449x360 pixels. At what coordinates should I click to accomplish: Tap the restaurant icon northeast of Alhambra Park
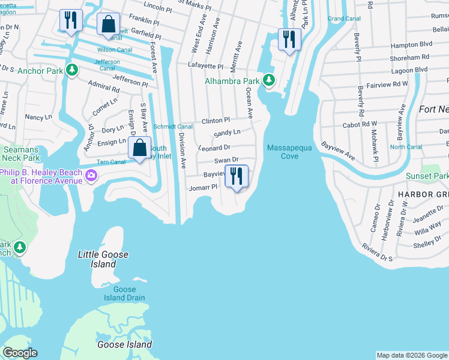click(x=290, y=40)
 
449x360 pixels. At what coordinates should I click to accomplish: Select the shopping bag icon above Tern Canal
click(x=139, y=148)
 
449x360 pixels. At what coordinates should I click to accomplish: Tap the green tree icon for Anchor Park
click(x=72, y=70)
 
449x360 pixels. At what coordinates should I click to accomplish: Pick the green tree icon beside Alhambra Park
click(x=269, y=80)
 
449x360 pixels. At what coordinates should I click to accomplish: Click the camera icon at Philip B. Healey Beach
click(x=91, y=175)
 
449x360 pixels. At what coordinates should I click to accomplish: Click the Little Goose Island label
click(x=103, y=259)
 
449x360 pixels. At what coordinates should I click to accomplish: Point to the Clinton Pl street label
click(x=215, y=121)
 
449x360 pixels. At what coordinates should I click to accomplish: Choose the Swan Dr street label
click(x=227, y=160)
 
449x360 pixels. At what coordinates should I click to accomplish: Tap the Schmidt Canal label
click(x=173, y=127)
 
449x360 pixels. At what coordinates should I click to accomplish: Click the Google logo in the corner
click(x=20, y=353)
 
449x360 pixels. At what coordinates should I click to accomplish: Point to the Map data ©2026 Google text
click(x=411, y=356)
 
